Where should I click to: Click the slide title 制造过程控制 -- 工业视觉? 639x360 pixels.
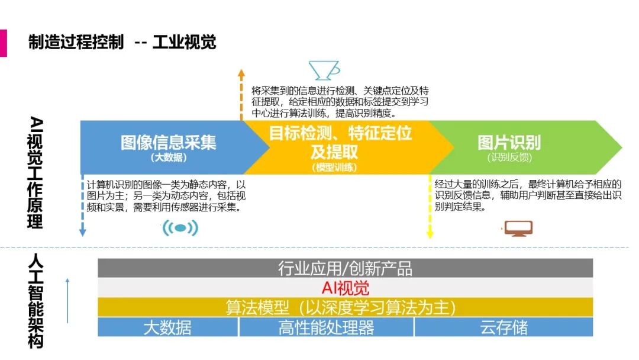pyautogui.click(x=122, y=42)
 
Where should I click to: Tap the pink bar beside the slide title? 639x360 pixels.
pyautogui.click(x=3, y=43)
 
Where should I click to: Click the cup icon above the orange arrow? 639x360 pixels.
pyautogui.click(x=324, y=70)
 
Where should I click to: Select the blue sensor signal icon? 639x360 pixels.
pyautogui.click(x=180, y=228)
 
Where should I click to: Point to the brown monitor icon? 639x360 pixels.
pyautogui.click(x=518, y=229)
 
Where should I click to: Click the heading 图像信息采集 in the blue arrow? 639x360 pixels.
pyautogui.click(x=169, y=142)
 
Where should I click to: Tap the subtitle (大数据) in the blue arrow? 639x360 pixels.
pyautogui.click(x=169, y=157)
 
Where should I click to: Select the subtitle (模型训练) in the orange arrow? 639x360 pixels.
pyautogui.click(x=335, y=168)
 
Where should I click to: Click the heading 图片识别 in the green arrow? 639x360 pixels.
pyautogui.click(x=509, y=142)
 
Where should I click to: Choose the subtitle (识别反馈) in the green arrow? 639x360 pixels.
pyautogui.click(x=509, y=157)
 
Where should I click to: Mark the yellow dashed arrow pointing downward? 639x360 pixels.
pyautogui.click(x=430, y=207)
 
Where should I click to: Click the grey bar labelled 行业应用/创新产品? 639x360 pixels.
pyautogui.click(x=345, y=268)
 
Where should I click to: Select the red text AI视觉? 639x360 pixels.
pyautogui.click(x=345, y=288)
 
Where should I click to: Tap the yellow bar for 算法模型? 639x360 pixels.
pyautogui.click(x=345, y=307)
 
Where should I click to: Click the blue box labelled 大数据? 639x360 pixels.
pyautogui.click(x=167, y=327)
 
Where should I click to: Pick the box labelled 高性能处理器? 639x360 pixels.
pyautogui.click(x=326, y=327)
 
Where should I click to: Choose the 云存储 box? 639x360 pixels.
pyautogui.click(x=504, y=327)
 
